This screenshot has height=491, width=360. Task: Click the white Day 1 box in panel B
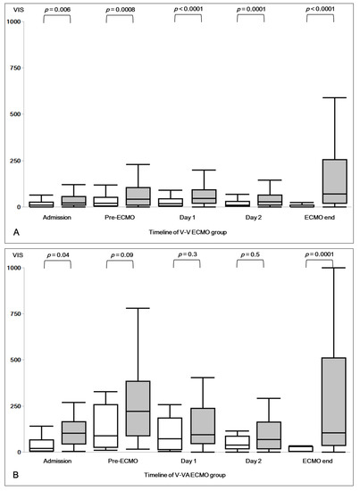[x=170, y=434]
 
